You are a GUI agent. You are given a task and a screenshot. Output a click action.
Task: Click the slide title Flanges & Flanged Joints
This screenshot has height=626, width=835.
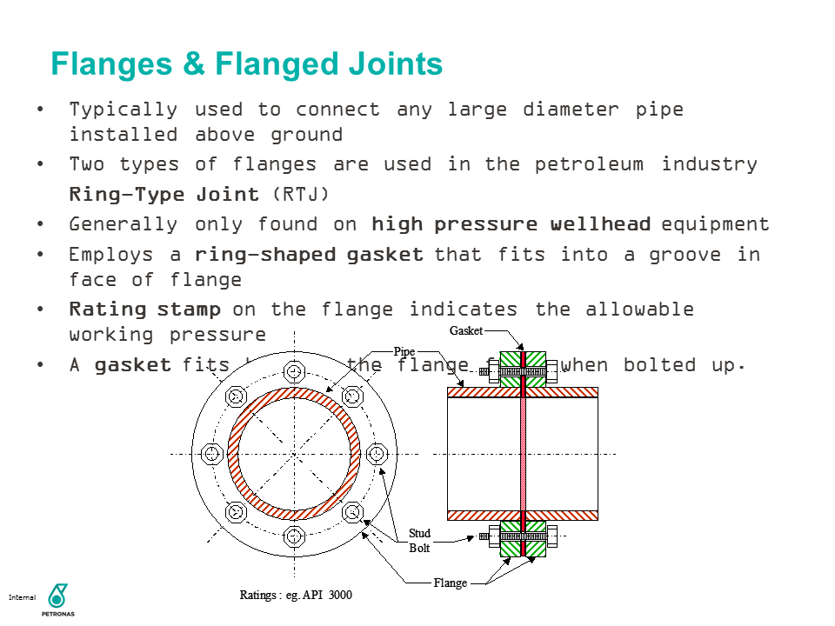247,64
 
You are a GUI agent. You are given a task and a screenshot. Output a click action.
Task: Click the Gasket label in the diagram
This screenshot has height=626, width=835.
465,331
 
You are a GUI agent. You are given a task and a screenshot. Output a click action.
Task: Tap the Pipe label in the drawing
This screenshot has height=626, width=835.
404,351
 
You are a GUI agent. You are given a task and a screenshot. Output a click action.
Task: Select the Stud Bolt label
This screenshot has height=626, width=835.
419,541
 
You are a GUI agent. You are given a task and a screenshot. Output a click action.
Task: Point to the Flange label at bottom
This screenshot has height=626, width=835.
451,583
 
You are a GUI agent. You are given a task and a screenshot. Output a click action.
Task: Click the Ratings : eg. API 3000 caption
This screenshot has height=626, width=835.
296,596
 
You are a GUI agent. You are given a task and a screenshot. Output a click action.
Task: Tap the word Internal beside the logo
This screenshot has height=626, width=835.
22,598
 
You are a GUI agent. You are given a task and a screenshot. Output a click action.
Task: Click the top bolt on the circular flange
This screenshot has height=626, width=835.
294,373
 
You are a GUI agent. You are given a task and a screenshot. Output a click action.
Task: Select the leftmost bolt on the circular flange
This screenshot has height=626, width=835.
212,454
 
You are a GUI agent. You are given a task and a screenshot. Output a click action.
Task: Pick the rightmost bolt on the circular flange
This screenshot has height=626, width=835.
376,454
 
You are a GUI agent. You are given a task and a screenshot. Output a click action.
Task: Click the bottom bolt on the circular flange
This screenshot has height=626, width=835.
294,535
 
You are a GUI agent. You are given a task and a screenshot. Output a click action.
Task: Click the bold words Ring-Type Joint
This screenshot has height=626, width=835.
164,194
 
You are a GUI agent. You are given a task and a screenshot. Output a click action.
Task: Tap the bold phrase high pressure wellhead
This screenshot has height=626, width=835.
511,224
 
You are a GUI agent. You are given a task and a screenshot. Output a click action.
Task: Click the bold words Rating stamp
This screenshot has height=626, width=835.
145,310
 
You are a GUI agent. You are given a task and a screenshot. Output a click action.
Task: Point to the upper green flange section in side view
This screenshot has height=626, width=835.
523,369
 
